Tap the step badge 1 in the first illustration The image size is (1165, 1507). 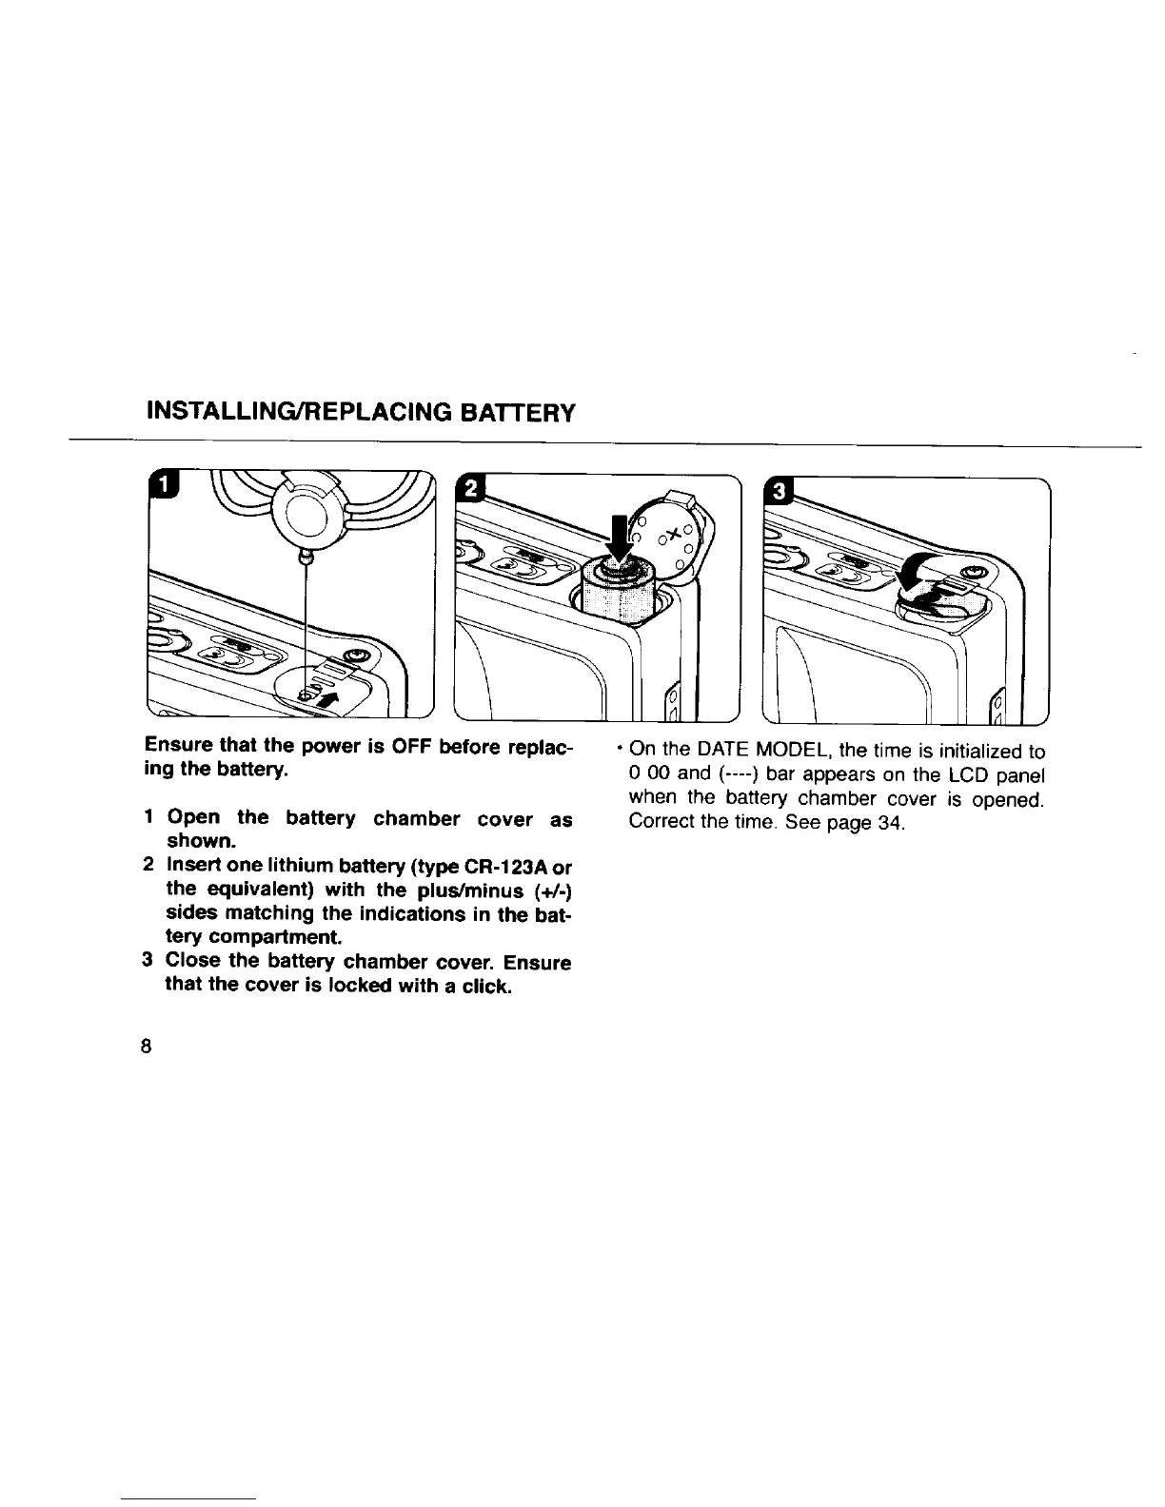pos(165,487)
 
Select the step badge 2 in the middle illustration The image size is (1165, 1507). pos(470,490)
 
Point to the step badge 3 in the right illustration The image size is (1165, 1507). pos(778,492)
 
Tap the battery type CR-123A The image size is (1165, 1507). pos(510,866)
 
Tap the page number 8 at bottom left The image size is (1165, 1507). pos(146,1047)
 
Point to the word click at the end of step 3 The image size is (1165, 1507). pos(484,987)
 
